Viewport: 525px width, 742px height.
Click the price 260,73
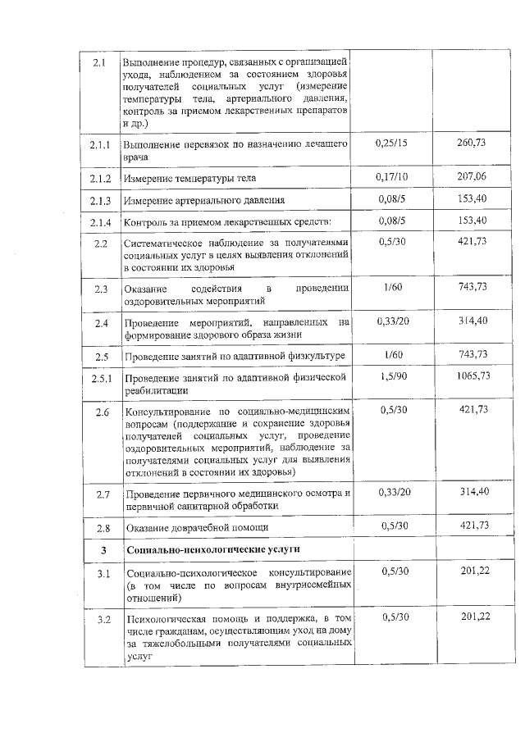click(470, 143)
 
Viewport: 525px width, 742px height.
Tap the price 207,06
click(470, 176)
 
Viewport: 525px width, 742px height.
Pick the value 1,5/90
click(393, 376)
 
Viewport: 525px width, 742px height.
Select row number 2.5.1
click(100, 378)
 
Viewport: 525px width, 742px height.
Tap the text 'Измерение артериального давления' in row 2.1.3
click(204, 200)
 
